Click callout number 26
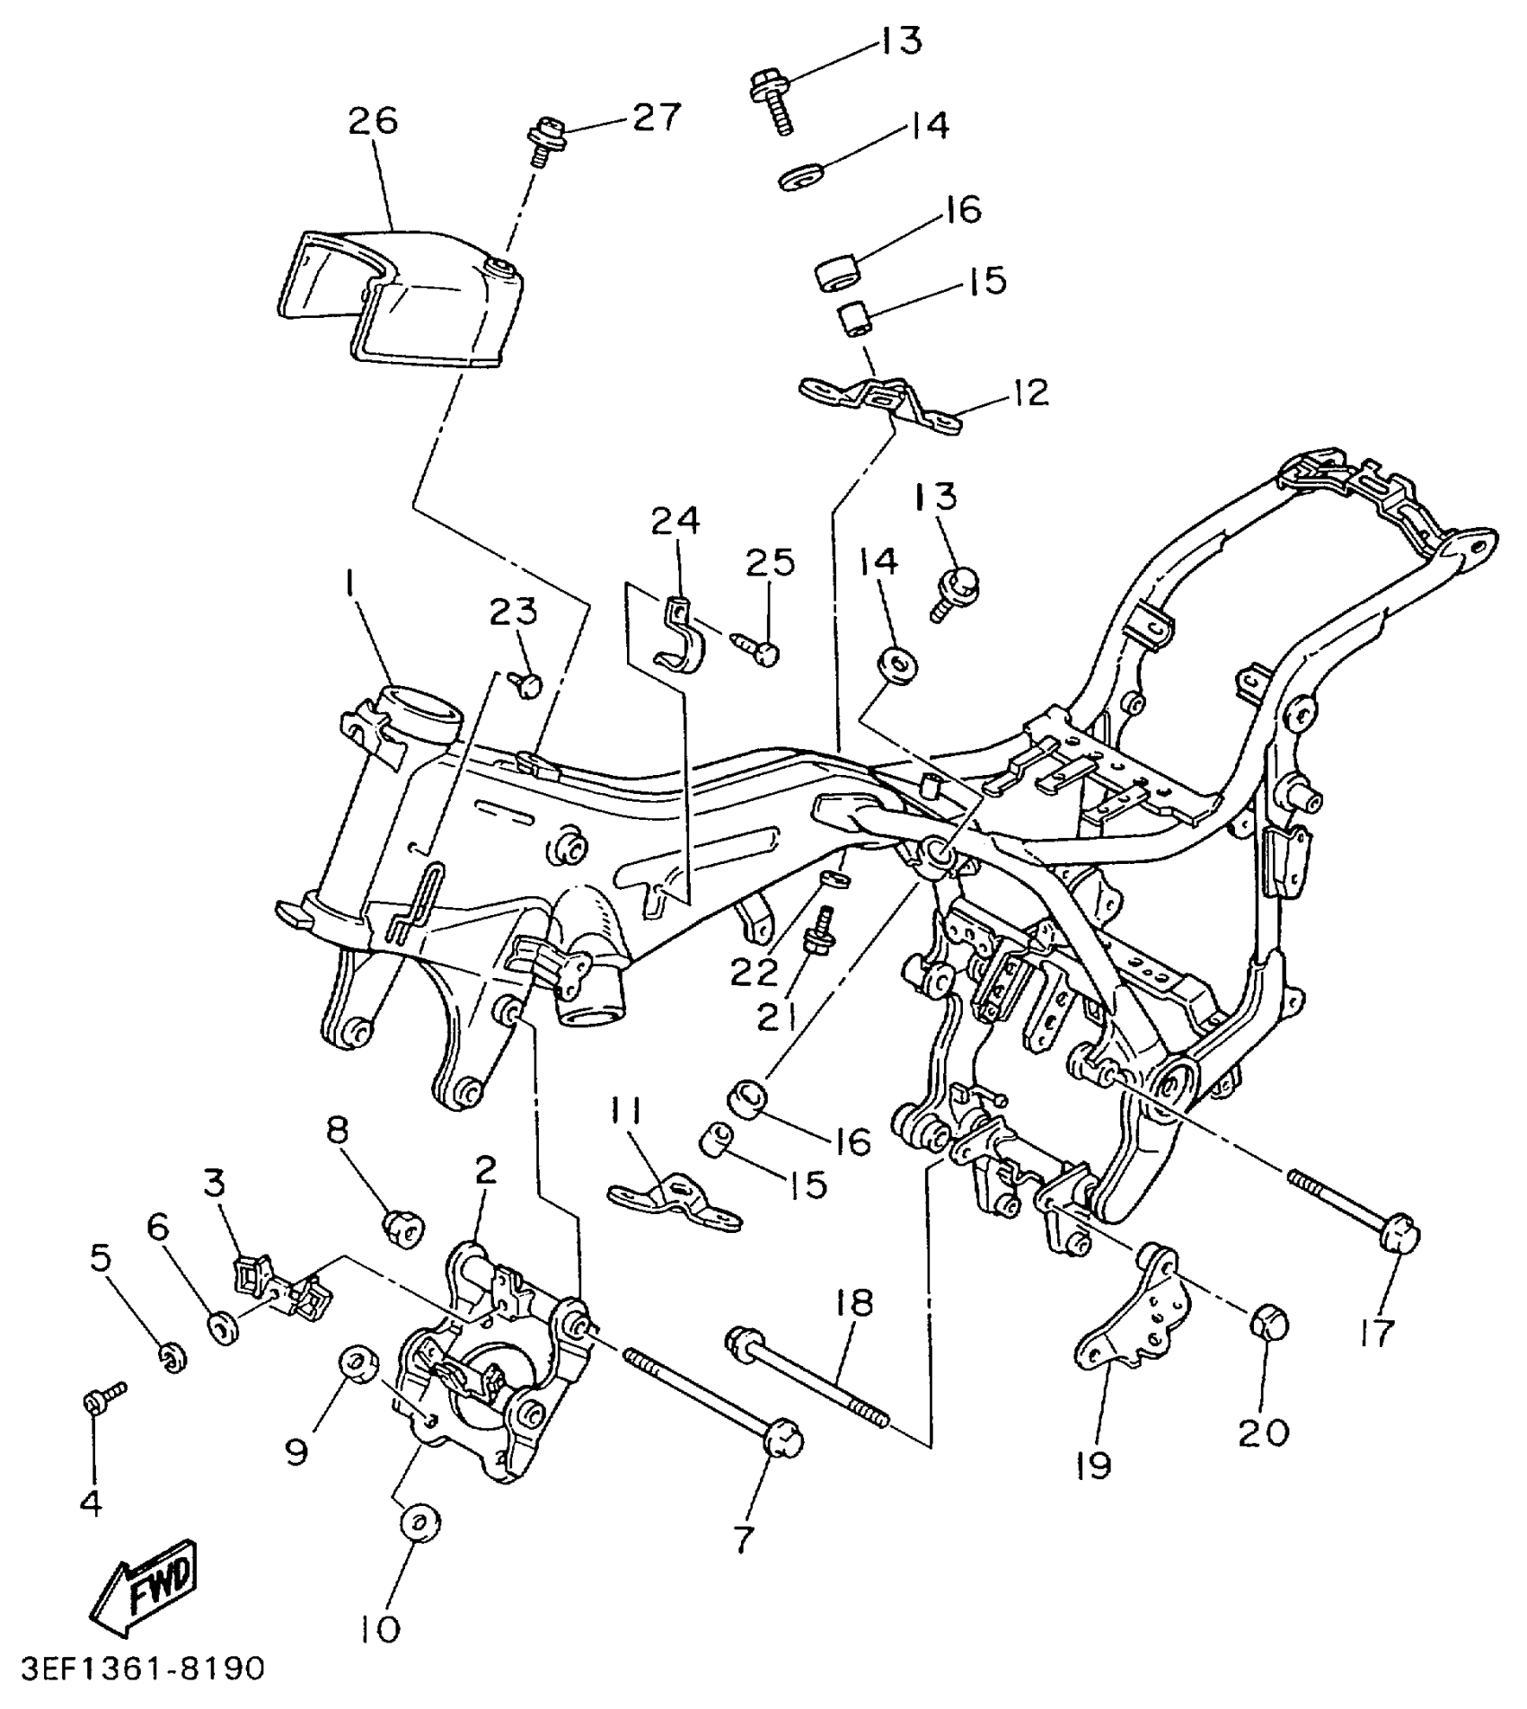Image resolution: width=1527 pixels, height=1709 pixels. [x=374, y=120]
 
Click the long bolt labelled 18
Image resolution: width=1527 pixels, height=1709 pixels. [x=808, y=1374]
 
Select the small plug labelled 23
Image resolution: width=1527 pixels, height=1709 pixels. [x=529, y=687]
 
